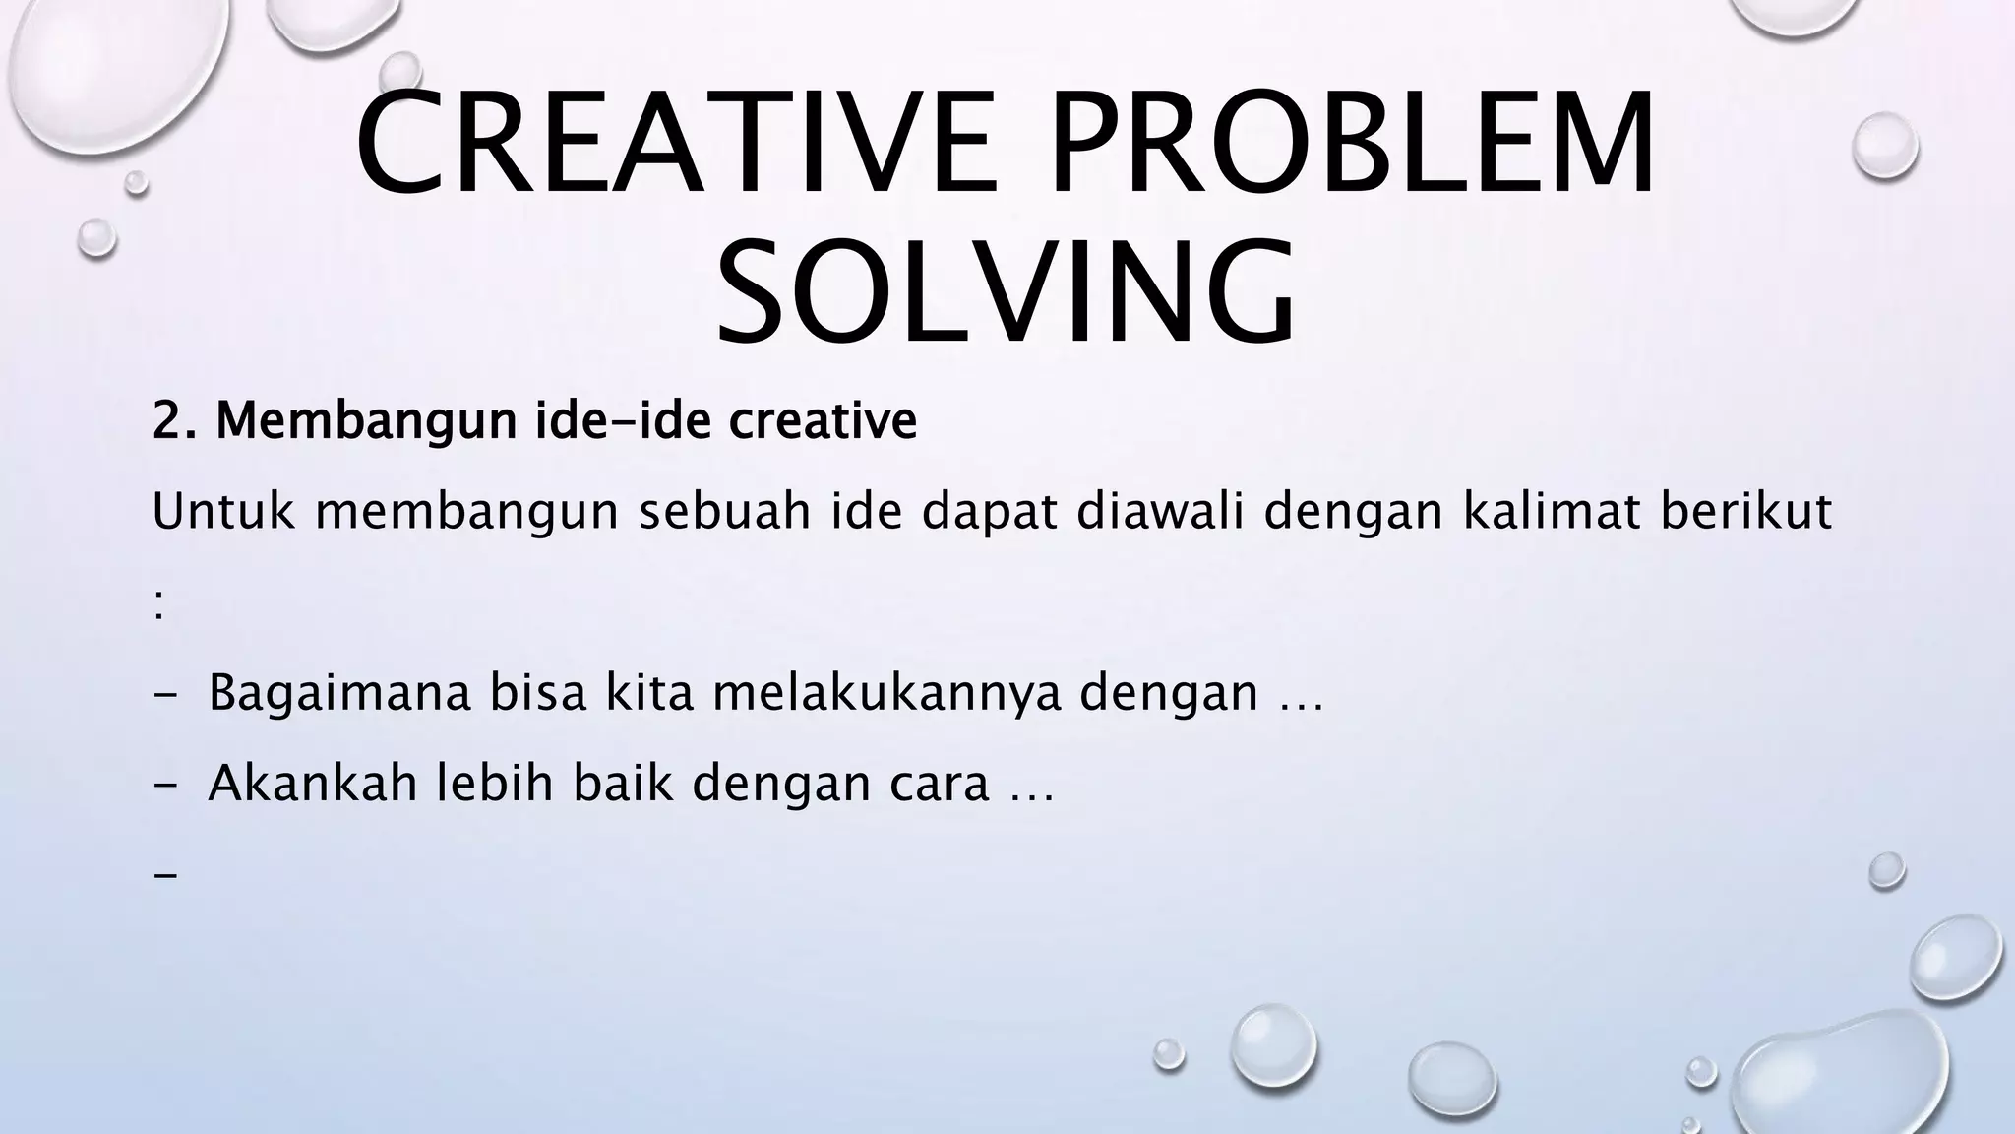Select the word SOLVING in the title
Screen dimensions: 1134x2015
[x=1006, y=292]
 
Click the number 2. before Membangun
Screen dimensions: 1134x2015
[x=176, y=421]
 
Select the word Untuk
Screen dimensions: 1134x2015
[x=223, y=512]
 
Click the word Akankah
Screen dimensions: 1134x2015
[x=313, y=784]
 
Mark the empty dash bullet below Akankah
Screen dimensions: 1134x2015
[x=165, y=873]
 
